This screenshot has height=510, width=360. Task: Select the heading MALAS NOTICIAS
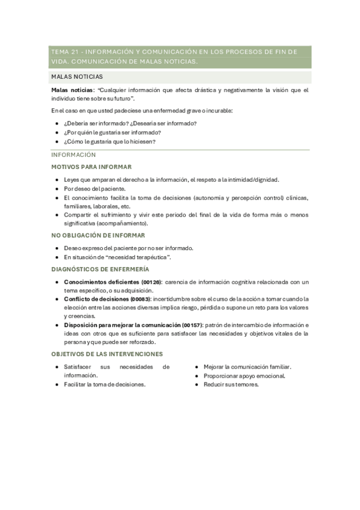click(77, 77)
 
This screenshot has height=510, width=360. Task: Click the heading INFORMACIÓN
click(74, 155)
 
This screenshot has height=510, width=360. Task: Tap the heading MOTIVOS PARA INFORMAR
click(92, 167)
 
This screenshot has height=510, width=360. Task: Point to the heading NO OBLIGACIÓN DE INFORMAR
click(98, 235)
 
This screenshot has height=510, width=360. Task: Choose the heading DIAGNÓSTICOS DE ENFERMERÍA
click(100, 269)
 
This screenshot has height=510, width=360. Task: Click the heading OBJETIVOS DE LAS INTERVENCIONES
click(107, 354)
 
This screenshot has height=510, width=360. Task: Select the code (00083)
click(140, 299)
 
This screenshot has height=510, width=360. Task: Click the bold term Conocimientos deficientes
click(101, 281)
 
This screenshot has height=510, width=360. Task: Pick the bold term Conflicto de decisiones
click(96, 299)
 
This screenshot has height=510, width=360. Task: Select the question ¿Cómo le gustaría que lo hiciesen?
click(109, 142)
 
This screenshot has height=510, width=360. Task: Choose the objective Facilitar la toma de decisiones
click(105, 385)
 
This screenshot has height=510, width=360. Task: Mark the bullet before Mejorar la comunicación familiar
click(197, 367)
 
